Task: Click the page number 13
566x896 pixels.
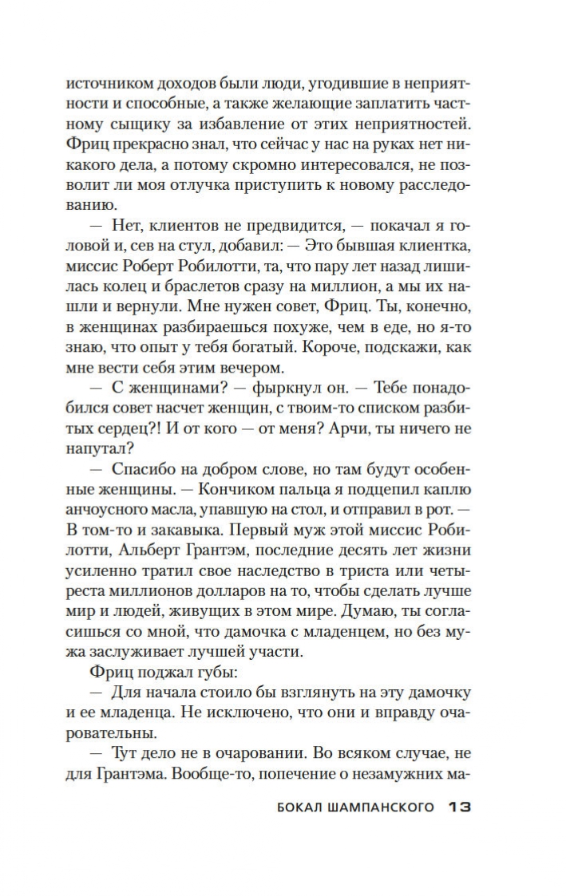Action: tap(459, 808)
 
